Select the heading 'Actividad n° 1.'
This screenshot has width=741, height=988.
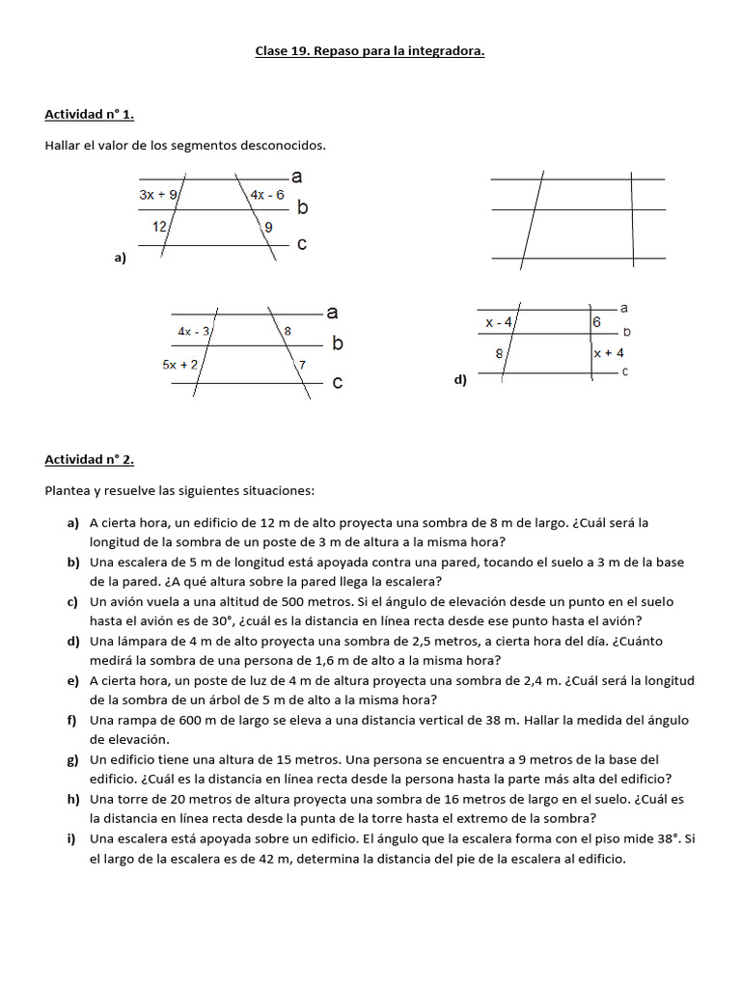(89, 115)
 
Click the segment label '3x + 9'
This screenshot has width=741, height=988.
(158, 195)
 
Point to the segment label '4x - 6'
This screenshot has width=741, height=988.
(267, 195)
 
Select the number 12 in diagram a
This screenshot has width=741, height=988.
(160, 227)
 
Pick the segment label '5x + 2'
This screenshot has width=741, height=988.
(180, 364)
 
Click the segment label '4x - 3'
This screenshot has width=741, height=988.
(194, 331)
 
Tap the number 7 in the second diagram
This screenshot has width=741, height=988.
(302, 365)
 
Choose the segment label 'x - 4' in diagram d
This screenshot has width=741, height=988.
(499, 322)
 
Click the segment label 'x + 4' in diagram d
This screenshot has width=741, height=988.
(608, 353)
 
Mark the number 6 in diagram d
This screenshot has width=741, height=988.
(596, 322)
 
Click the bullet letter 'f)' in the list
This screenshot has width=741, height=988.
(72, 720)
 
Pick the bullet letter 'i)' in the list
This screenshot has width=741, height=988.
(71, 838)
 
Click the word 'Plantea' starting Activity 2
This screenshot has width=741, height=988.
(67, 491)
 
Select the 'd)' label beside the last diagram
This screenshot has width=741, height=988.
(460, 380)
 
